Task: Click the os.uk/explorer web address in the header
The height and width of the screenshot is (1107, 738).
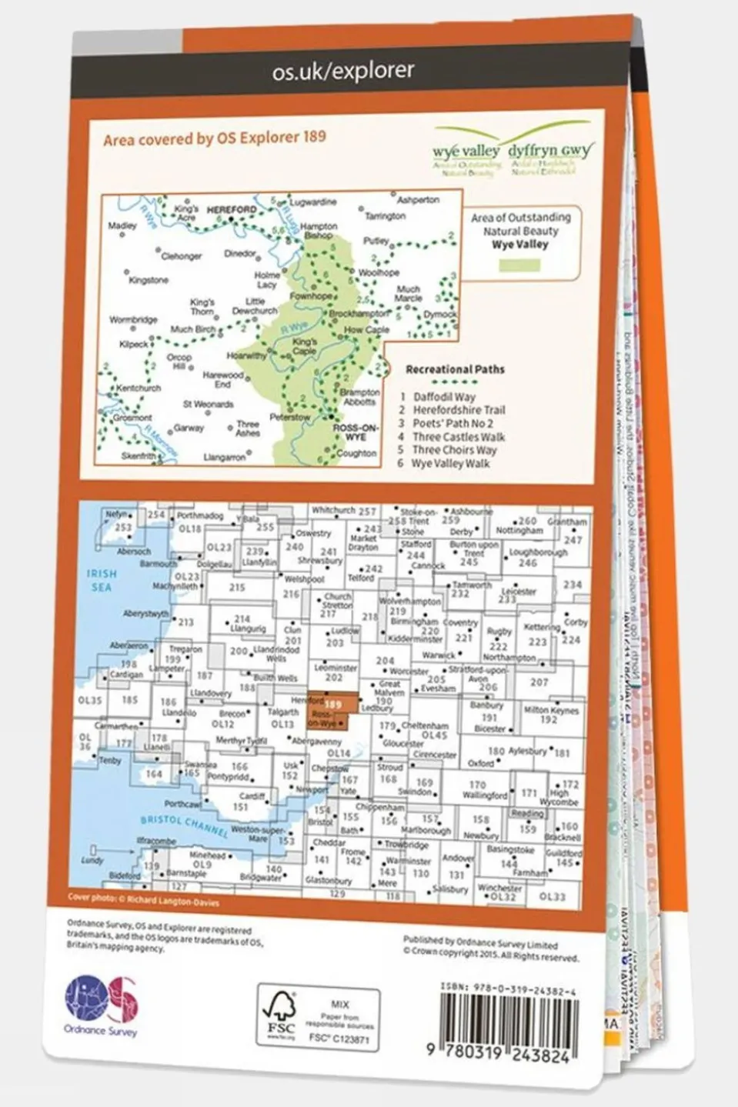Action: pyautogui.click(x=343, y=72)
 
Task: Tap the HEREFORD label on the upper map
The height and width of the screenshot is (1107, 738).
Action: pyautogui.click(x=232, y=208)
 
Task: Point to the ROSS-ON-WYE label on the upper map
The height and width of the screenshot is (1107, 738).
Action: pyautogui.click(x=355, y=432)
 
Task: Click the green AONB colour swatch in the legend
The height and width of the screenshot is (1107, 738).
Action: pyautogui.click(x=520, y=265)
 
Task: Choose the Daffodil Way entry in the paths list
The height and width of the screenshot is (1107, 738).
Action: pyautogui.click(x=444, y=397)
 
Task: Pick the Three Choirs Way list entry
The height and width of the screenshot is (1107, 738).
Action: pyautogui.click(x=454, y=450)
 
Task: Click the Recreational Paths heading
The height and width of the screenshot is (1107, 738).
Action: pyautogui.click(x=455, y=369)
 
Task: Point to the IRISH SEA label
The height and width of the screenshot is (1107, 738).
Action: pyautogui.click(x=101, y=580)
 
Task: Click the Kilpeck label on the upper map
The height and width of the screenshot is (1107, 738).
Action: pyautogui.click(x=133, y=345)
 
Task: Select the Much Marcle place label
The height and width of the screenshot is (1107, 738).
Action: pyautogui.click(x=408, y=294)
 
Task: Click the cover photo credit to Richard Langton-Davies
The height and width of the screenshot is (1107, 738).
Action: pyautogui.click(x=143, y=898)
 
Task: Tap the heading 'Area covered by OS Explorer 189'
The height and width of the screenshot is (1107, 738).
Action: pyautogui.click(x=215, y=138)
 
